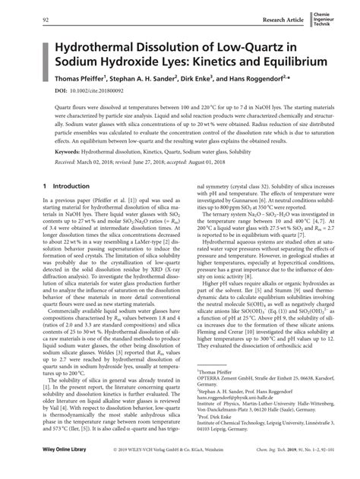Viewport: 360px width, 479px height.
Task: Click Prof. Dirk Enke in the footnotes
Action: point(215,417)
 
